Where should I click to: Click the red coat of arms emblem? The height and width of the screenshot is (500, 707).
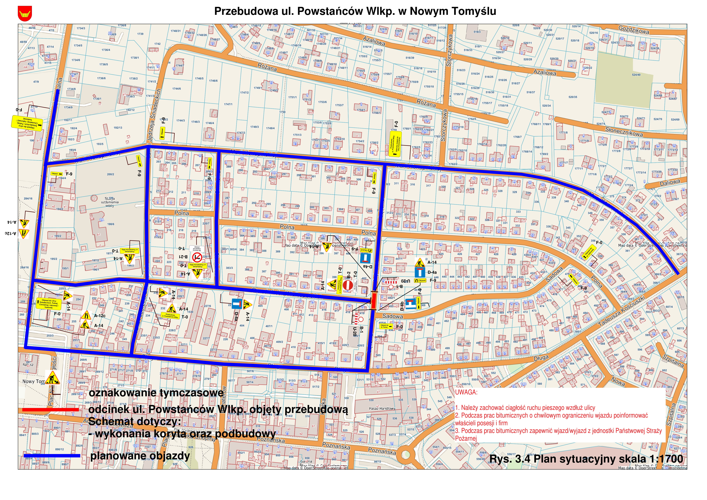[25, 14]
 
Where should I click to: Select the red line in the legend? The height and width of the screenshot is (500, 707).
[51, 409]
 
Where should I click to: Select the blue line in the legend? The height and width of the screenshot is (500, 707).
[52, 456]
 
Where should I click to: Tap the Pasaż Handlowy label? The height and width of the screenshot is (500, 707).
[382, 409]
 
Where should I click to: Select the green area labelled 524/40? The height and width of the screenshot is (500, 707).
[625, 77]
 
